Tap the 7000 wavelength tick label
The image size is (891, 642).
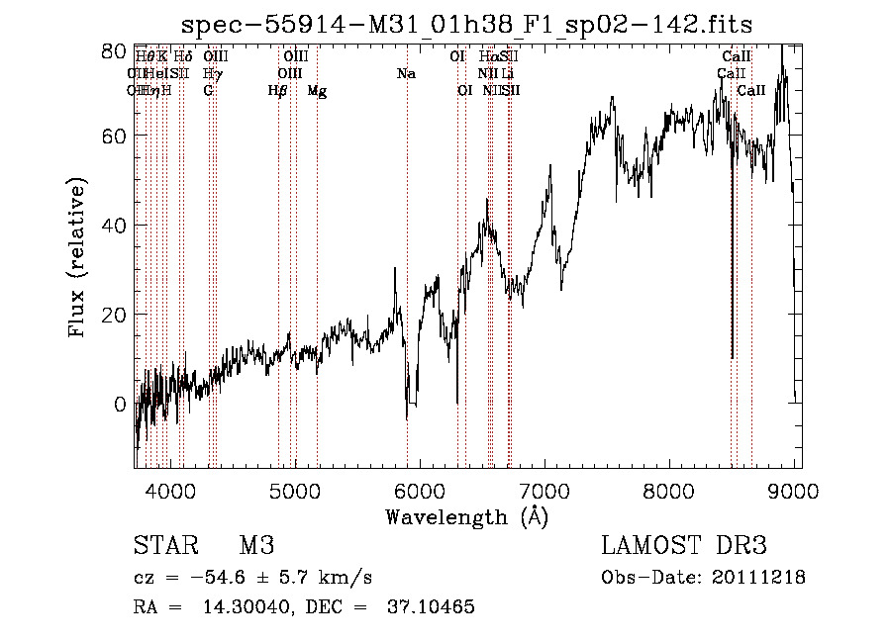[544, 490]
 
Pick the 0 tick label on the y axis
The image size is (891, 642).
[119, 404]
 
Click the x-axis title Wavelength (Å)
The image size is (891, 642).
[466, 516]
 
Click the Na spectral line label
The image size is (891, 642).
[406, 74]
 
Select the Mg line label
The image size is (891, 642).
[317, 91]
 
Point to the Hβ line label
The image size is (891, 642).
[278, 91]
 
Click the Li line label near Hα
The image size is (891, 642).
[507, 74]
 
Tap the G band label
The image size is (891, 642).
[208, 91]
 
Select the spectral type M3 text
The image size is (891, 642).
[255, 546]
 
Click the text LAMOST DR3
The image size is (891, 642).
[684, 546]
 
